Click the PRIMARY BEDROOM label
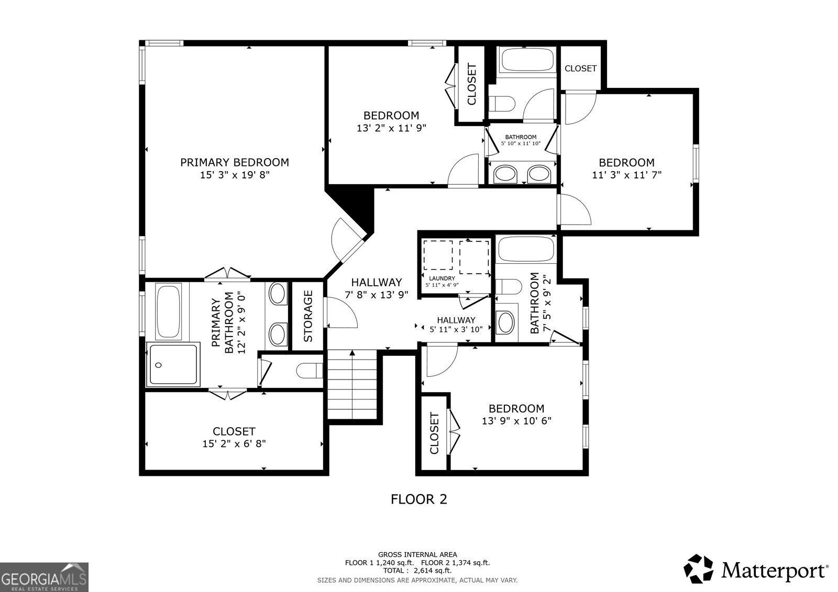(234, 162)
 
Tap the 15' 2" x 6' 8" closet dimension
(234, 444)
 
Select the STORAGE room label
(308, 316)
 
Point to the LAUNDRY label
(442, 278)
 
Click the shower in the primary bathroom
(173, 364)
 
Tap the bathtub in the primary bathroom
(169, 311)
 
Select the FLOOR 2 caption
(419, 499)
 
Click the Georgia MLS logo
(44, 577)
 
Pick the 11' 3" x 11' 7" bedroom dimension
(626, 175)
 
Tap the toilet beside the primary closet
(309, 371)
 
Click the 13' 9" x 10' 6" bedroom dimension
(516, 421)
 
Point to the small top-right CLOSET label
(580, 68)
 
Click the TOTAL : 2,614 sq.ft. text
(417, 571)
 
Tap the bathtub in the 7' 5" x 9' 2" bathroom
(525, 249)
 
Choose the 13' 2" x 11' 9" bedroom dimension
(391, 127)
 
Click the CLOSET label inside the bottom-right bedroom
(434, 433)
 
